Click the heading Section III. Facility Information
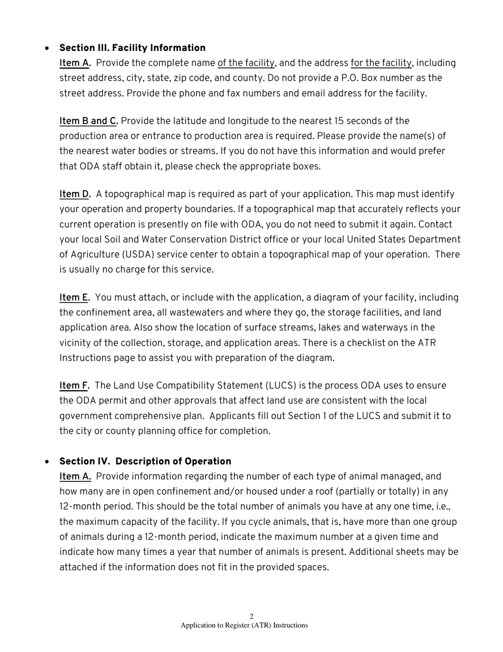[132, 48]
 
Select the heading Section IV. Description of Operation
[145, 461]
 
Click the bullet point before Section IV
[48, 462]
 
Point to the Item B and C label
[88, 121]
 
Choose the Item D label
[75, 195]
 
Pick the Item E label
[74, 298]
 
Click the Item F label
[74, 385]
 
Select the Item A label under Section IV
[75, 477]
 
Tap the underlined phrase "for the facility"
[381, 63]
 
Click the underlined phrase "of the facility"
[246, 63]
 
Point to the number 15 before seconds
[339, 121]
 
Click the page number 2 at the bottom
[251, 616]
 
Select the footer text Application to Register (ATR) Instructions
[244, 625]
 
